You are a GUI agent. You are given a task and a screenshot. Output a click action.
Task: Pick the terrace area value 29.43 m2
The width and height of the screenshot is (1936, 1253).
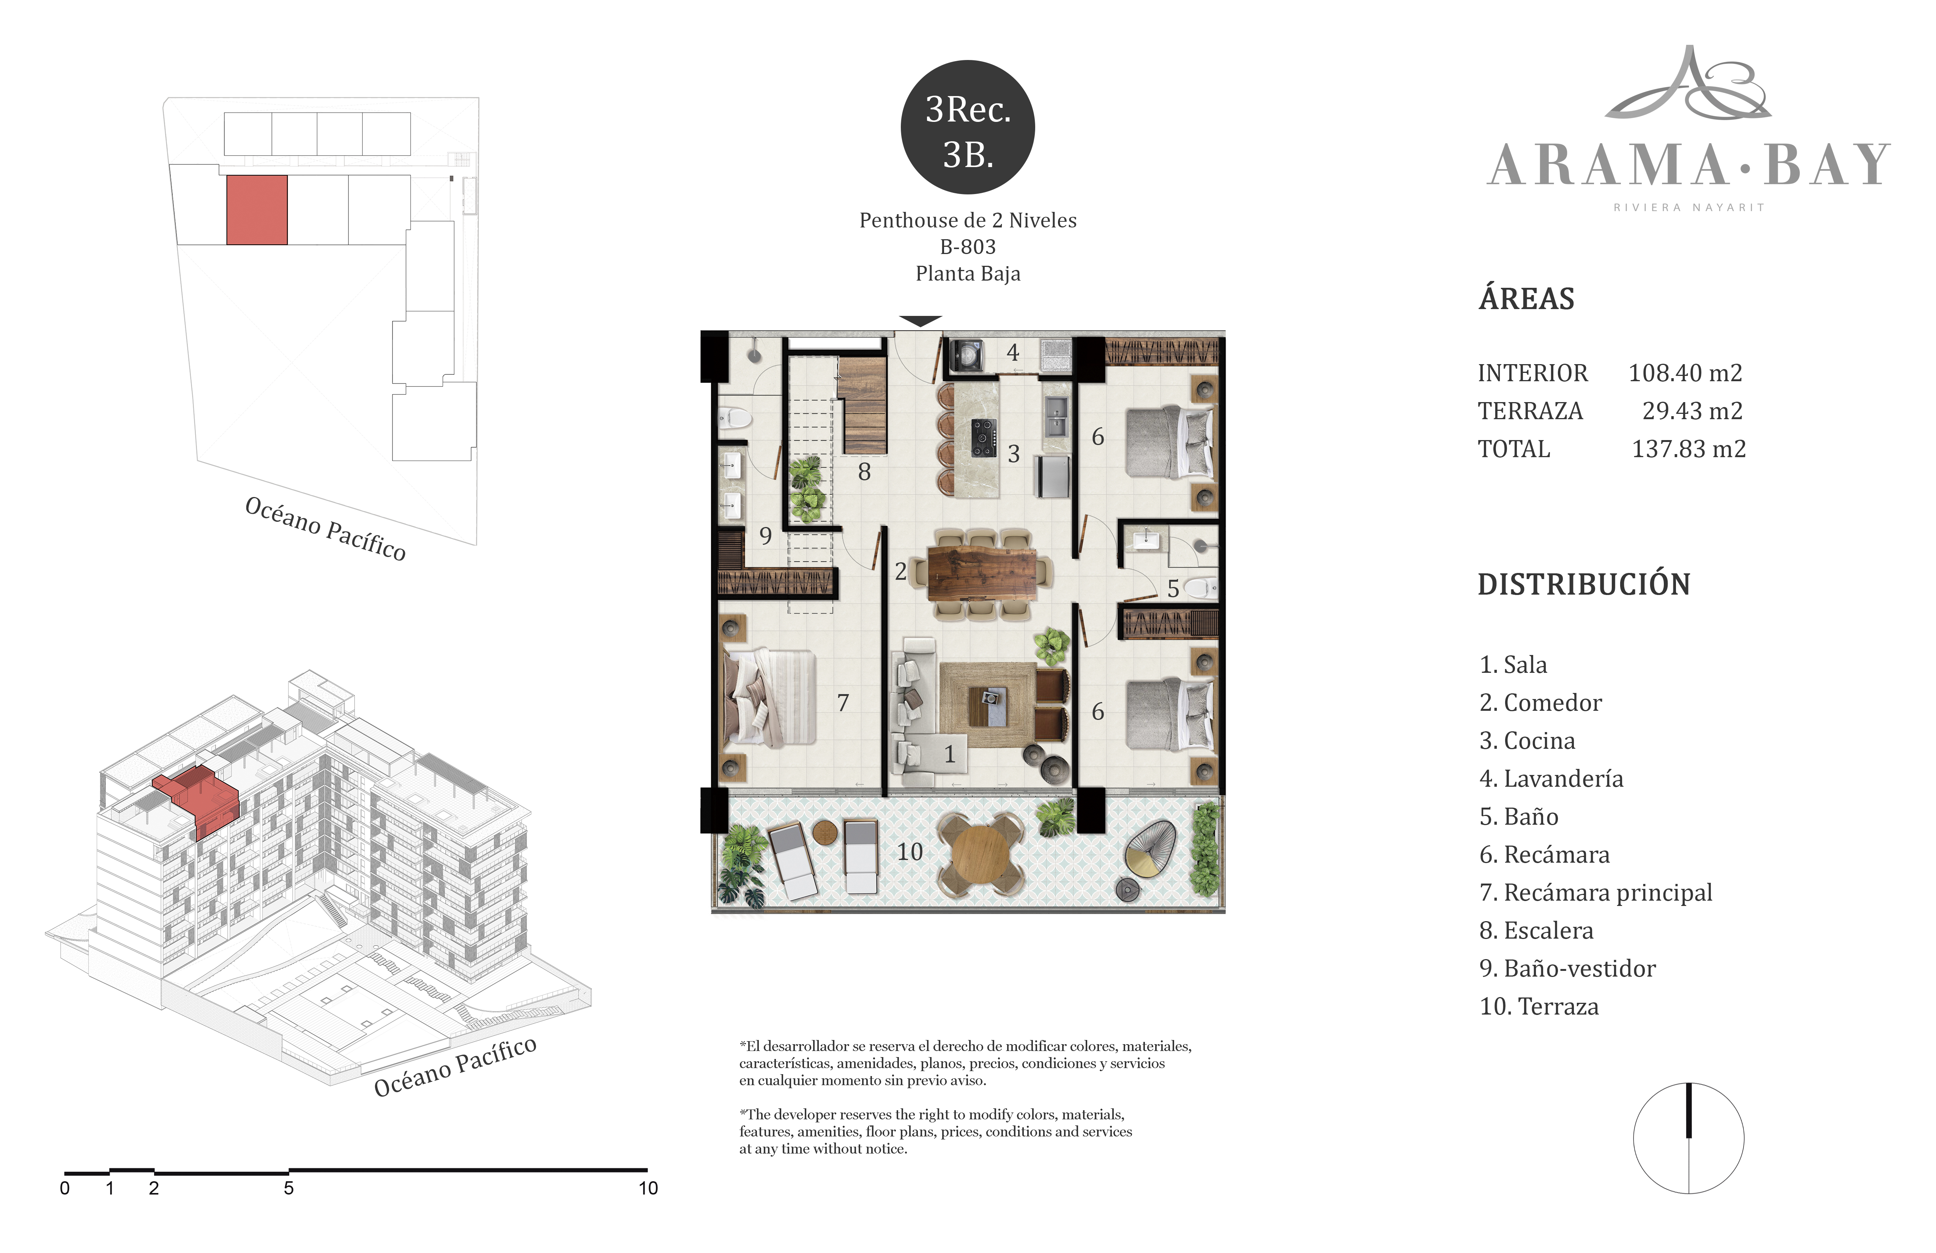1692,411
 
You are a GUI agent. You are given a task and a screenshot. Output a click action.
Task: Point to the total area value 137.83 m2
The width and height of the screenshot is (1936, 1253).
1689,449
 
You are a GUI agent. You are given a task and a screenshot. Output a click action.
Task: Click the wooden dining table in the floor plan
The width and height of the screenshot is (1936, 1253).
982,574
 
